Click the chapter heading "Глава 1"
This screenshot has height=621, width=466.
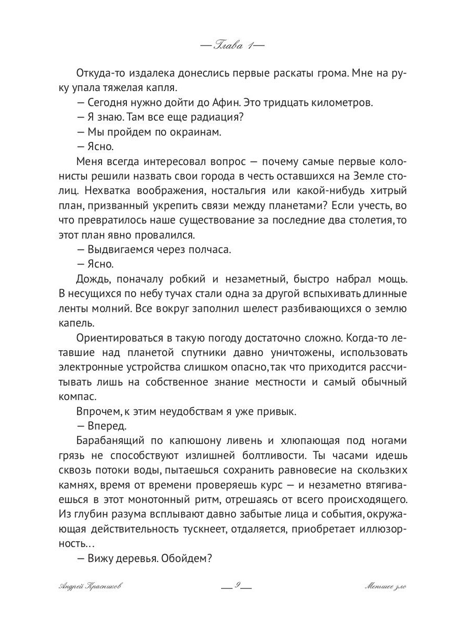tap(232, 46)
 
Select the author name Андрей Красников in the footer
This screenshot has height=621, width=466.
tap(91, 586)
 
